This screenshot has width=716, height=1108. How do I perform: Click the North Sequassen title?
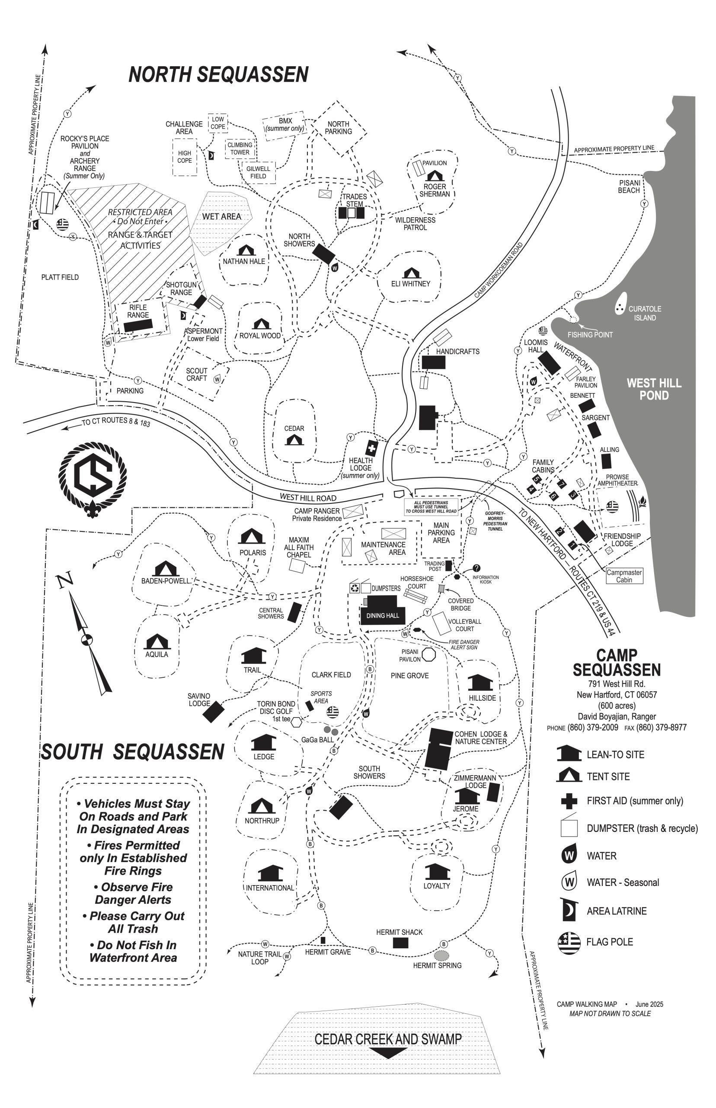(218, 74)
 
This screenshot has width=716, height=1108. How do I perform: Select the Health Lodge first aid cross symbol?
(371, 448)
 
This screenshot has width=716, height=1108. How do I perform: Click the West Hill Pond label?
(654, 389)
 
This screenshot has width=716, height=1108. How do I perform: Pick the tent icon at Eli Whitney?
(411, 273)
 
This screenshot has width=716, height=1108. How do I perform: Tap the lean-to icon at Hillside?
(480, 682)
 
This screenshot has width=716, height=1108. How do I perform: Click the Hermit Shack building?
(400, 943)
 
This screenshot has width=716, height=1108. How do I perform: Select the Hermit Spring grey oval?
(442, 955)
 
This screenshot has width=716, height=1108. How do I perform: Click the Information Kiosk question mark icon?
(476, 568)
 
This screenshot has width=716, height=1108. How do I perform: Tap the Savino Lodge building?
(214, 712)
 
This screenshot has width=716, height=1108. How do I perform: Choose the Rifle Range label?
(138, 311)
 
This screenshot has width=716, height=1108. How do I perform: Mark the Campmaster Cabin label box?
(624, 576)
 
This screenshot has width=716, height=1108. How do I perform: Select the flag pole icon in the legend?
(569, 942)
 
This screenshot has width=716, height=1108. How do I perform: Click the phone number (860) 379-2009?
(593, 728)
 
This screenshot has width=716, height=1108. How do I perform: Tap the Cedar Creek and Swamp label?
(388, 1039)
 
